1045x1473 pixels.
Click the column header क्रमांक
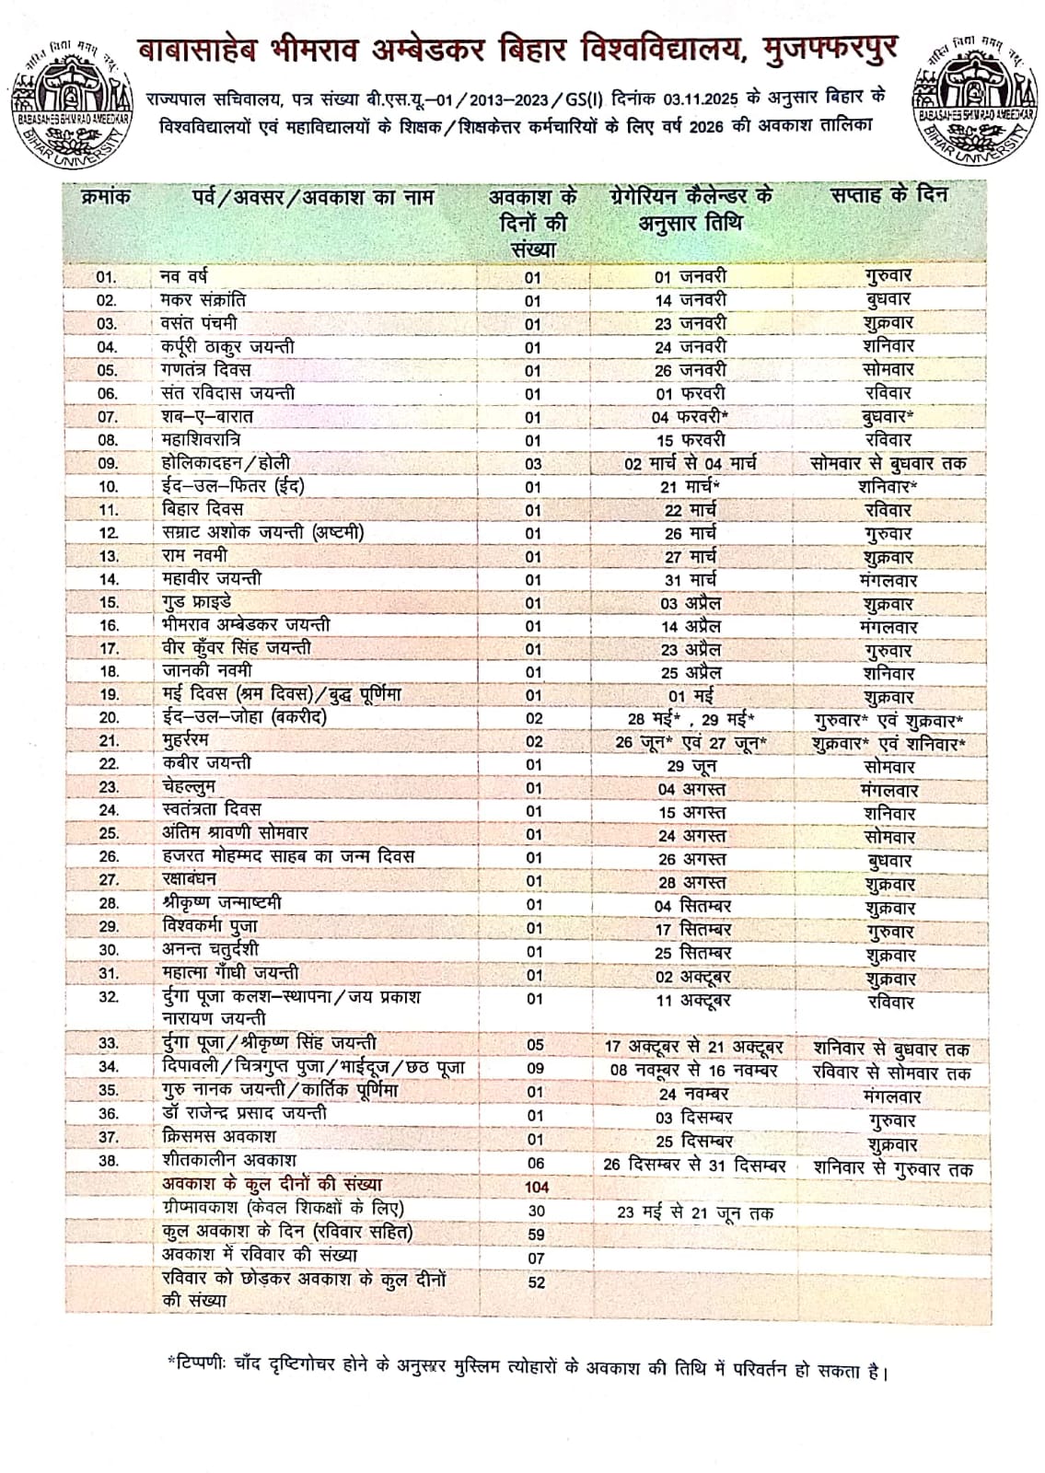(107, 197)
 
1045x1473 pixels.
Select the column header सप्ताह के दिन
(888, 195)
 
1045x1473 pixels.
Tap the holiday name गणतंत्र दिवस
(205, 370)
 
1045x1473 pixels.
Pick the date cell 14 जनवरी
(691, 300)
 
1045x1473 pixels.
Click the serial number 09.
(108, 464)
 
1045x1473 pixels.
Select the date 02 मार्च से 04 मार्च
(691, 464)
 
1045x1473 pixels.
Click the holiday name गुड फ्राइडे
(203, 602)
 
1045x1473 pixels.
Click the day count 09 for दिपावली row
(534, 1069)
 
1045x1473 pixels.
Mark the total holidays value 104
(535, 1188)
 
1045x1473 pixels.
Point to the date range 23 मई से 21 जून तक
(695, 1212)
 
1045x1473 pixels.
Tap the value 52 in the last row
(536, 1282)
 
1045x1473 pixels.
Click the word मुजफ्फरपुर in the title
(831, 48)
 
